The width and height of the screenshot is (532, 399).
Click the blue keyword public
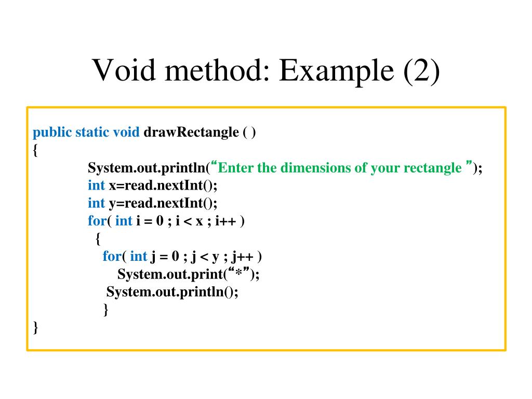[52, 132]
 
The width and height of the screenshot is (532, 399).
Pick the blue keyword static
[92, 132]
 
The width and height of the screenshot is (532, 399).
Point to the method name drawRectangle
[191, 132]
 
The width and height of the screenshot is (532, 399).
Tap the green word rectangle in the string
[431, 168]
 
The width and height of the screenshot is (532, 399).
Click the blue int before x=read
[96, 185]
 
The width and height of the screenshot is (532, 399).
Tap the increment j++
[242, 256]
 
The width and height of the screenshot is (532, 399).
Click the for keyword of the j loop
[112, 256]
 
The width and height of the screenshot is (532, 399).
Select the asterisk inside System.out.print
[240, 274]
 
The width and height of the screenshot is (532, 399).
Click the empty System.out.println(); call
[172, 291]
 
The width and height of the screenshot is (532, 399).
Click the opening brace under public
[35, 150]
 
